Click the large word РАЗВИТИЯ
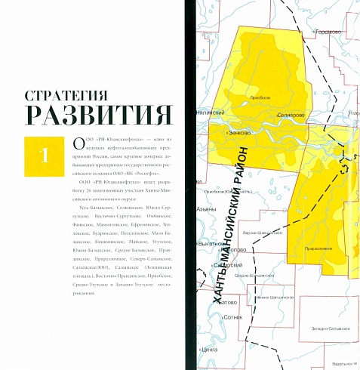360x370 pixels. coord(97,116)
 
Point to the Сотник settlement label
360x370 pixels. coord(234,317)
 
